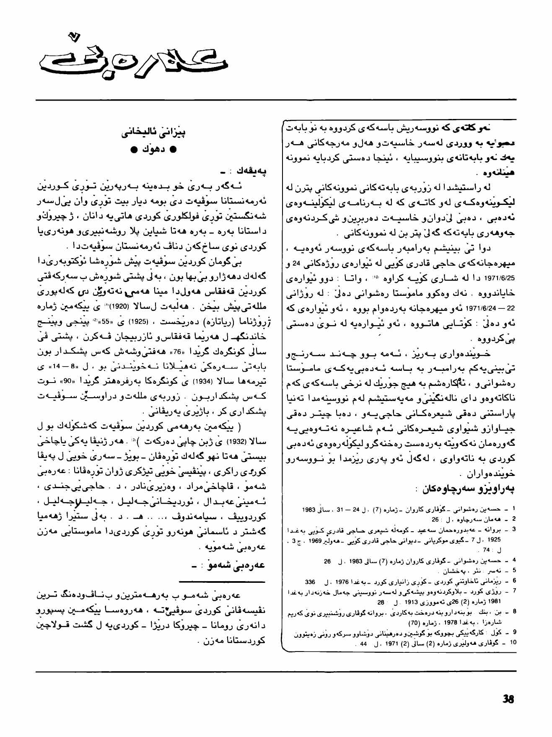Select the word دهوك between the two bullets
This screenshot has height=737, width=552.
coord(153,150)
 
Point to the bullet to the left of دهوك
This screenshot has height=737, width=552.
coord(133,150)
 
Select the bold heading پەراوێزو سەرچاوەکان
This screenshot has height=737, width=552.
coord(468,489)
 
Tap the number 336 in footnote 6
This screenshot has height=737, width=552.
coord(310,582)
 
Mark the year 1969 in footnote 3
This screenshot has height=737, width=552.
coord(315,540)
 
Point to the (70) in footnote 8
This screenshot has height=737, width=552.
coord(415,623)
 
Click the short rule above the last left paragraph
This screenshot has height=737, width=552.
coord(222,582)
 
